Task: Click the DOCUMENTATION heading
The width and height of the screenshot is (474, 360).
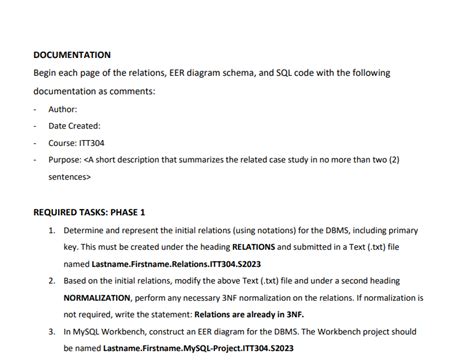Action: [x=72, y=55]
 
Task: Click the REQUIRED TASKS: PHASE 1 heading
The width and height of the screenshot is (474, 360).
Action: [x=89, y=212]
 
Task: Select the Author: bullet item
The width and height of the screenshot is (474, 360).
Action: [x=63, y=109]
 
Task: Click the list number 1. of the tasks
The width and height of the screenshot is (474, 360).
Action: [x=52, y=229]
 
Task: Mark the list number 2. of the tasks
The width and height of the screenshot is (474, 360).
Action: [x=52, y=281]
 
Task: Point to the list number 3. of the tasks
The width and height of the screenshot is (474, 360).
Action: [x=52, y=332]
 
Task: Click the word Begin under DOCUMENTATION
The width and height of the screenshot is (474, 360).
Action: [x=46, y=73]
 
